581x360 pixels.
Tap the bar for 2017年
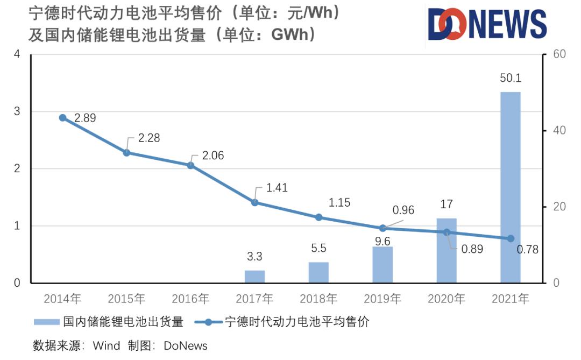coord(254,276)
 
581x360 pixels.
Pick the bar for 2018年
coord(318,272)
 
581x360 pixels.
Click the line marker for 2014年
coord(62,118)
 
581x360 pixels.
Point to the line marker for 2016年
coord(190,165)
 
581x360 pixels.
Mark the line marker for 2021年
coord(511,238)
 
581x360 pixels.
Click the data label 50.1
coord(511,78)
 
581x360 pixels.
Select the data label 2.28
coord(149,138)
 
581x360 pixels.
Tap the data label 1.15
coord(339,203)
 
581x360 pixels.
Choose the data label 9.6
coord(382,242)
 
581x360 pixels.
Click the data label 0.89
coord(472,249)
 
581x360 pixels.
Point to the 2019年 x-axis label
coord(382,299)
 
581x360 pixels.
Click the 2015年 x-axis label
coord(126,299)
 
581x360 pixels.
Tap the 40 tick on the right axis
coord(554,131)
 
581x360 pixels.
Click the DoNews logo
coord(487,24)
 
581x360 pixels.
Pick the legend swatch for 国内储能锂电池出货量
coord(46,322)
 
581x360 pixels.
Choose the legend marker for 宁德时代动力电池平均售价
coord(206,322)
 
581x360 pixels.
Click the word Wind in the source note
coord(107,345)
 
